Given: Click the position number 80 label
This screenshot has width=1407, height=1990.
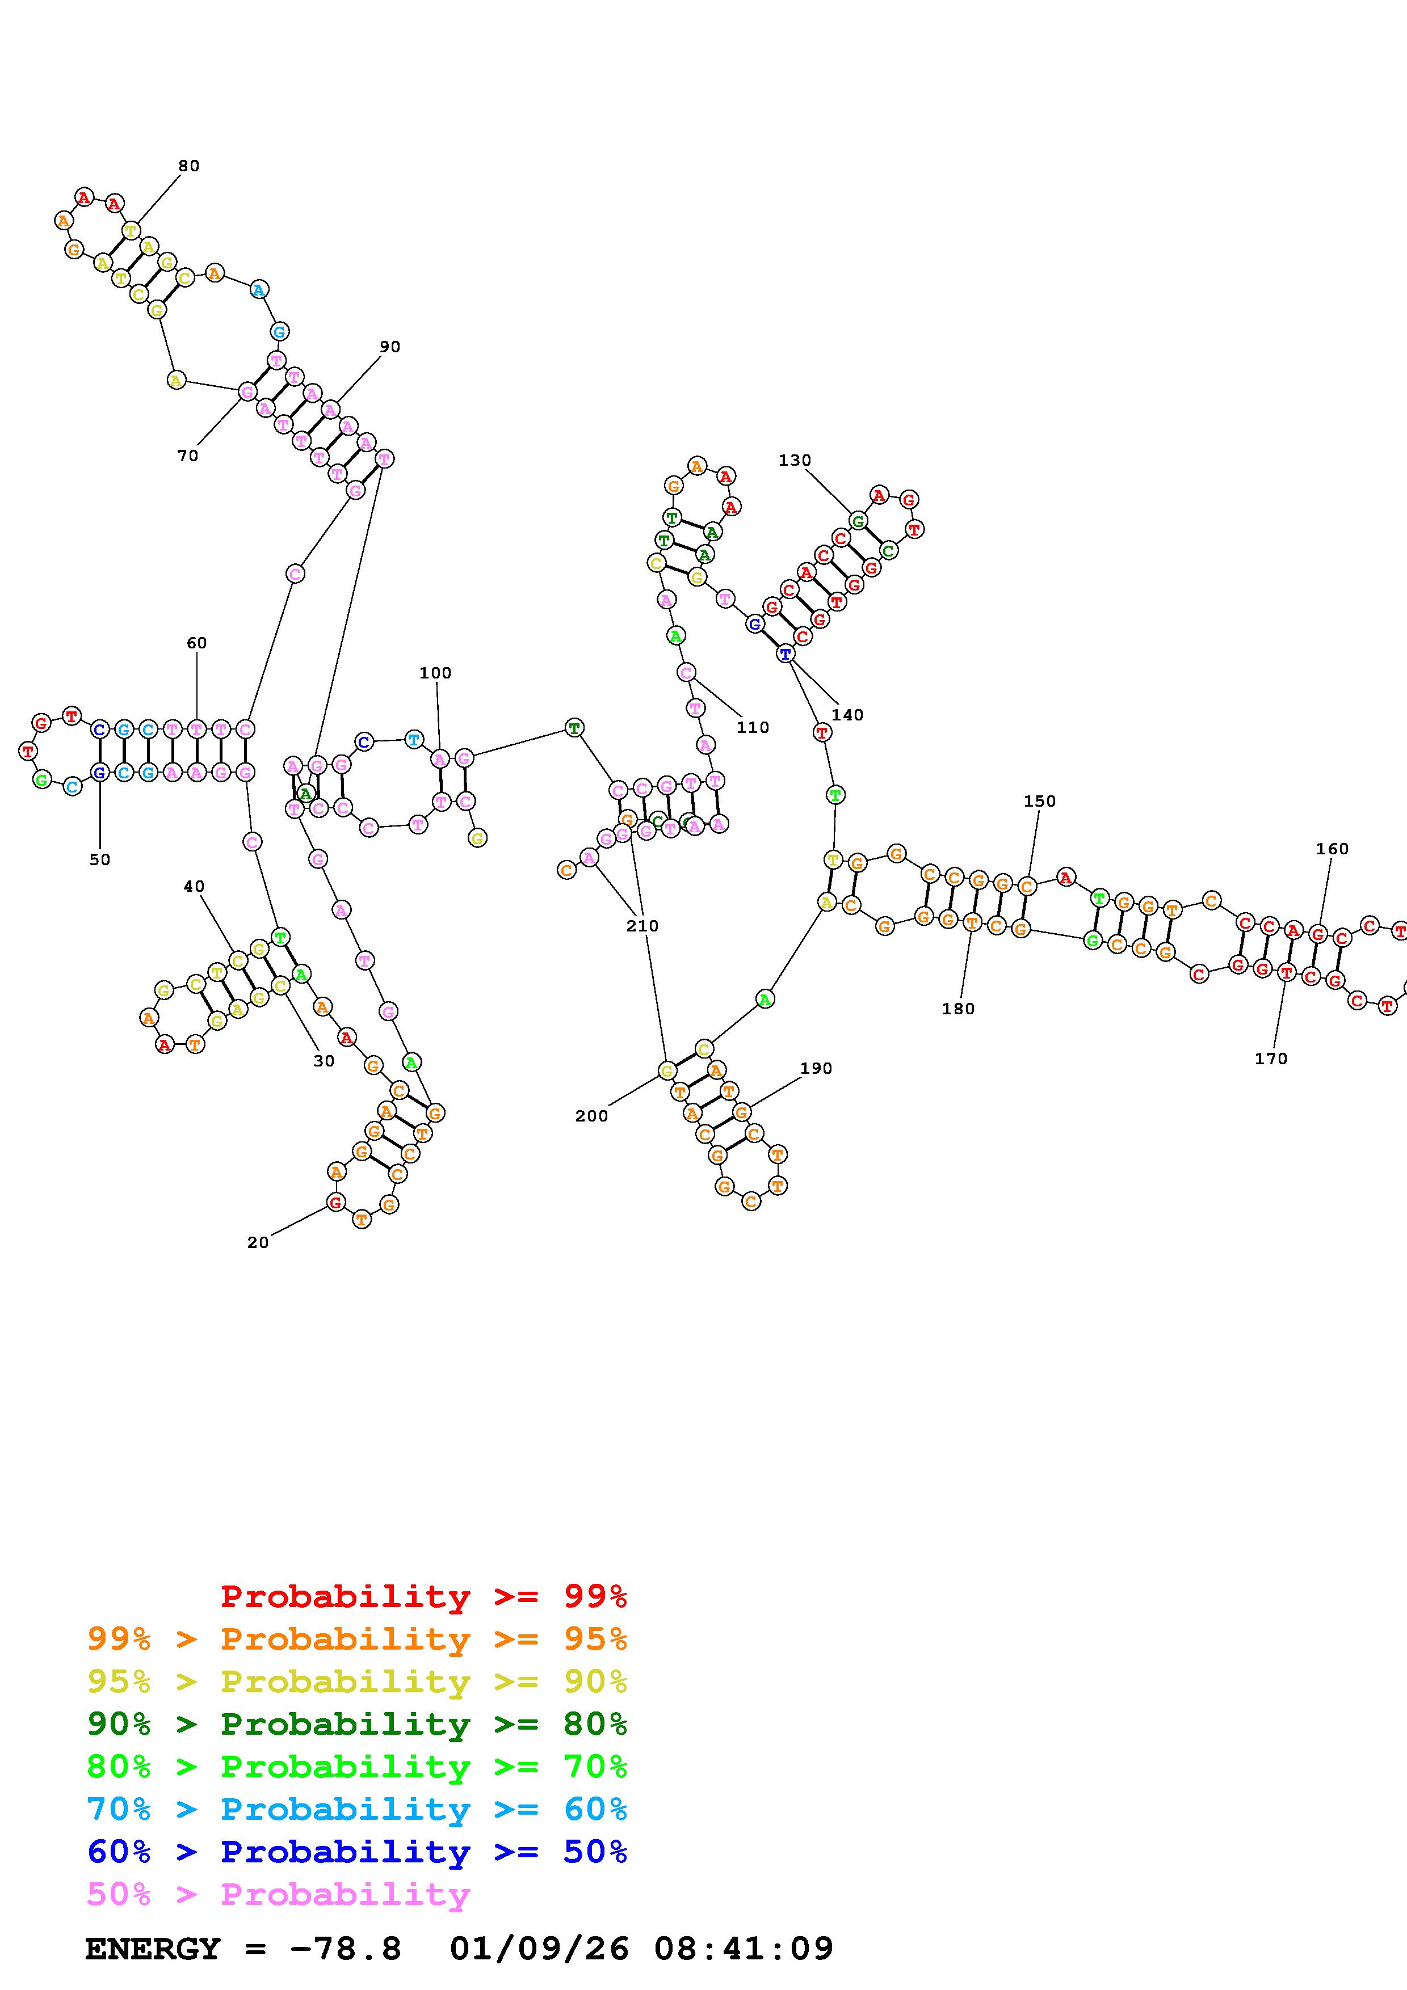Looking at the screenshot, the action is click(x=189, y=166).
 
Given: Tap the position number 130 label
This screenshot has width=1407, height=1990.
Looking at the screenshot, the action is click(x=794, y=460).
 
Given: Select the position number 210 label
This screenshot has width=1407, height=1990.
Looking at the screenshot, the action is click(x=642, y=926).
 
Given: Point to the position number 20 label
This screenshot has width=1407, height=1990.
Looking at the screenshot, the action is click(x=258, y=1242).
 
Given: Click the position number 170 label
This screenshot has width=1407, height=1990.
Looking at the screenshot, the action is click(x=1271, y=1059).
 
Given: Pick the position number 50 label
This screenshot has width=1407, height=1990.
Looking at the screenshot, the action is click(x=100, y=860).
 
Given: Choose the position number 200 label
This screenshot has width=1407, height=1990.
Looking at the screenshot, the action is click(x=591, y=1116).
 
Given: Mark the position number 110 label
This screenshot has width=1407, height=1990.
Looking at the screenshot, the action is click(x=753, y=727).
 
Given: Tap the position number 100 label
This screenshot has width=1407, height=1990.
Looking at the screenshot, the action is click(x=435, y=673).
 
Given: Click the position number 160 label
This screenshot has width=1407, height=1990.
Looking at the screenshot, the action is click(x=1333, y=849).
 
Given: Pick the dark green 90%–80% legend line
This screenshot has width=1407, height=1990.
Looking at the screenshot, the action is click(x=357, y=1724).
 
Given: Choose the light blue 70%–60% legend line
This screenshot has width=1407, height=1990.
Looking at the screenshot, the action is click(x=357, y=1809).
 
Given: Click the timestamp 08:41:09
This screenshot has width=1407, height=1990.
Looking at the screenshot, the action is click(x=744, y=1949).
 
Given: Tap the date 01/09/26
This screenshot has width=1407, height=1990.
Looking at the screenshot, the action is click(x=539, y=1949).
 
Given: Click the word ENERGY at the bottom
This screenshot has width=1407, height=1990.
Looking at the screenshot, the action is click(x=153, y=1949).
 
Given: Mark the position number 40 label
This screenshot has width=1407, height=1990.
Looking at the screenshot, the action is click(x=194, y=886).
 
